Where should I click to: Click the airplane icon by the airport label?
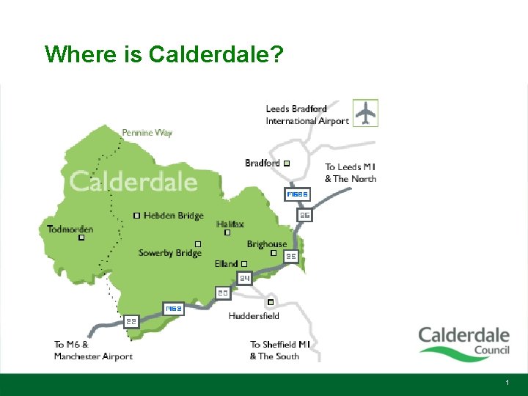(365, 112)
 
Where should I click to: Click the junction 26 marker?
(305, 216)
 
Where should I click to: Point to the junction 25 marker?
(291, 257)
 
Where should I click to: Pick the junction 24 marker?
(245, 278)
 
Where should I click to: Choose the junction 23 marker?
(223, 293)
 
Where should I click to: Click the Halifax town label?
(230, 224)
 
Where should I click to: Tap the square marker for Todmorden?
(81, 238)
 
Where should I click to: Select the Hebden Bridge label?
(174, 216)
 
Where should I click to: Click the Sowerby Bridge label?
(169, 253)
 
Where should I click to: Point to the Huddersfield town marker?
(270, 302)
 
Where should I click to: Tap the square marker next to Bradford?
(287, 163)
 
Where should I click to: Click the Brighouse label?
(267, 244)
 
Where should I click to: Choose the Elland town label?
(227, 264)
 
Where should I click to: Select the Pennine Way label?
(147, 133)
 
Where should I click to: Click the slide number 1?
(507, 384)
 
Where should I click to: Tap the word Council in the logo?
(492, 350)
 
